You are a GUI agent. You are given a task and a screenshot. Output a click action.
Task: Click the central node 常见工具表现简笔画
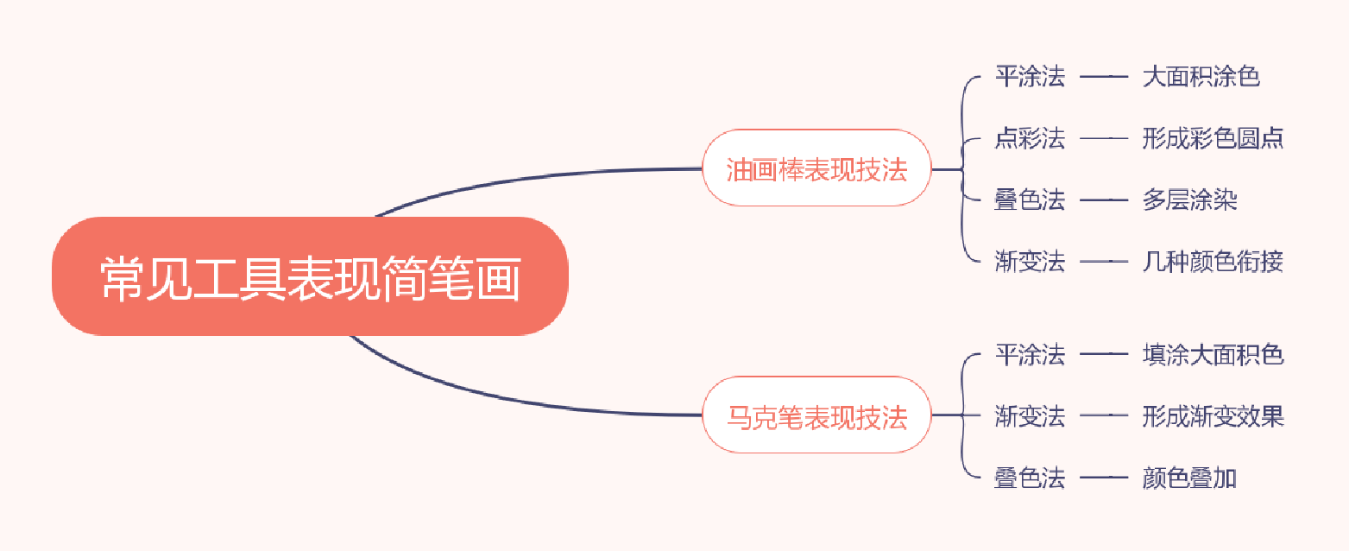click(x=310, y=276)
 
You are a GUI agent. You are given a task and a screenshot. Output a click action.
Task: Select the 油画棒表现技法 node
click(x=816, y=168)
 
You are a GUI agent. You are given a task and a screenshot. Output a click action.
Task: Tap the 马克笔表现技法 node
click(x=816, y=416)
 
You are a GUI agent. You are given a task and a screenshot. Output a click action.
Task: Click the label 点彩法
click(x=1030, y=139)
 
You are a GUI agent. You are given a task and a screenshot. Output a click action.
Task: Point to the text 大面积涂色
click(x=1201, y=77)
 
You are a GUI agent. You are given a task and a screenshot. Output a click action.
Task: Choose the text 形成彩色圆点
click(x=1213, y=139)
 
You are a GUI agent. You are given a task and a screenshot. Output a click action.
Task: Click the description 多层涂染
click(x=1189, y=200)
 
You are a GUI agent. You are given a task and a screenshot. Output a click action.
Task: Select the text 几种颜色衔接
click(x=1213, y=261)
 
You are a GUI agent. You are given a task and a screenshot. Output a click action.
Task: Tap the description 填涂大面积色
click(x=1213, y=355)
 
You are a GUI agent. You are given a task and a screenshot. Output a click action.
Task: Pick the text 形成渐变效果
click(x=1213, y=416)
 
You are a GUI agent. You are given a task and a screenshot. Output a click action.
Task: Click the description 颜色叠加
click(x=1189, y=478)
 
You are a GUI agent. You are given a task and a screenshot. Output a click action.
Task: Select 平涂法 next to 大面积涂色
click(x=1030, y=77)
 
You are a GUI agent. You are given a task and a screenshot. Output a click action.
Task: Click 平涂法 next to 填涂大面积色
click(x=1030, y=355)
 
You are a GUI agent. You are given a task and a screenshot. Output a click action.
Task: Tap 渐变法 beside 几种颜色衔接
click(x=1030, y=261)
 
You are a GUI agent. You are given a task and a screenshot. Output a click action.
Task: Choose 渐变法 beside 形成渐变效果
click(x=1030, y=416)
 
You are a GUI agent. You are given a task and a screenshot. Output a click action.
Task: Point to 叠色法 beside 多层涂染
click(x=1030, y=200)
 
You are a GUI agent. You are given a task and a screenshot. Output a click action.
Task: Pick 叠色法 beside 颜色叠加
click(x=1030, y=478)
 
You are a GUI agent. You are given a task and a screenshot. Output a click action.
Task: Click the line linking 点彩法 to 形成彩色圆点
click(x=1104, y=139)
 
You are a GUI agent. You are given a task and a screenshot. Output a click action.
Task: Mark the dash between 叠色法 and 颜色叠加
click(x=1104, y=478)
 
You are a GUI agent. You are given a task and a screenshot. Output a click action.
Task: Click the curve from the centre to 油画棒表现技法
click(x=535, y=176)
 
